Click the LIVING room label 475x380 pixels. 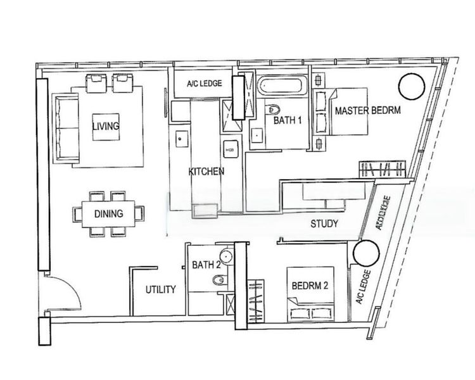tap(105, 126)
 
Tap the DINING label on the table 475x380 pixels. tap(108, 214)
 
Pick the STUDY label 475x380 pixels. tap(324, 224)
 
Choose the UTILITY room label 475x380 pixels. tap(160, 289)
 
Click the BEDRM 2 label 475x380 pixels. tap(310, 286)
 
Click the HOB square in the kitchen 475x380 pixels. tap(229, 149)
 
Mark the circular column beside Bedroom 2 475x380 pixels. tap(365, 253)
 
